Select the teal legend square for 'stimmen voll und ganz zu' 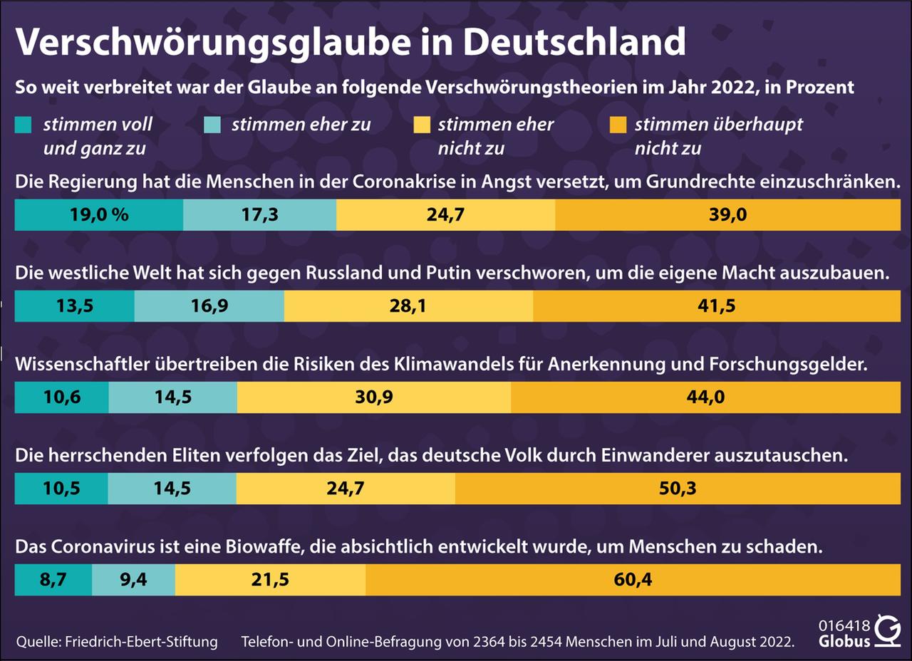tap(23, 125)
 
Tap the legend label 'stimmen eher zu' tap(301, 125)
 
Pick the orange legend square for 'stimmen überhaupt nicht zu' tap(618, 125)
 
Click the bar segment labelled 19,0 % tap(99, 215)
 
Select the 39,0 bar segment tap(727, 215)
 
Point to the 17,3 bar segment tap(259, 215)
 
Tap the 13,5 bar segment tap(74, 306)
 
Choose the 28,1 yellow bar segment tap(408, 306)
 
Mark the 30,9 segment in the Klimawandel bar tap(374, 397)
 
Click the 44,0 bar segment tap(705, 397)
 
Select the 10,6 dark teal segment tap(62, 397)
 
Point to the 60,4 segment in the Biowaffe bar tap(633, 580)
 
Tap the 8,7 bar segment tap(53, 580)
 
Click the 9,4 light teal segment tap(133, 580)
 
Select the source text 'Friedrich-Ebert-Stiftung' tap(141, 641)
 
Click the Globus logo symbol tap(888, 632)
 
